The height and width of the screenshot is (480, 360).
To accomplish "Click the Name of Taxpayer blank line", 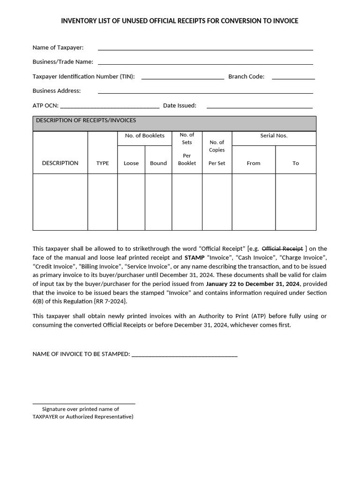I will [205, 49].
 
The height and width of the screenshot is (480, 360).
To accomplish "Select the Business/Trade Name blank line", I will [205, 64].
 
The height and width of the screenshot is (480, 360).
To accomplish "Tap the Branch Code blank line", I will [293, 78].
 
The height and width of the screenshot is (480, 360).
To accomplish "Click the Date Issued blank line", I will [259, 107].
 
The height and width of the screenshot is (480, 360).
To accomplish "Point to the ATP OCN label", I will [45, 105].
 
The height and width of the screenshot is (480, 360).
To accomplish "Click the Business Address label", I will [56, 90].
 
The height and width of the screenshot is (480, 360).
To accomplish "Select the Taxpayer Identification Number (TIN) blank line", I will [182, 78].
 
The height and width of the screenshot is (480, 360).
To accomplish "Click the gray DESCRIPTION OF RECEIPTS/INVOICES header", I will [174, 123].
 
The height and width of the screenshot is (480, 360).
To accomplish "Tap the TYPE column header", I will [102, 163].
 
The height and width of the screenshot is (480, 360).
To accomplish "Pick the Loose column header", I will [131, 163].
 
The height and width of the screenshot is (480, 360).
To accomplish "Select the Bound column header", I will [158, 163].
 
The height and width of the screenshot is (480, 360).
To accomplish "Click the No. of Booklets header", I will [144, 135].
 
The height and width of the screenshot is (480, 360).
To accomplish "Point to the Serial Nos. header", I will [274, 135].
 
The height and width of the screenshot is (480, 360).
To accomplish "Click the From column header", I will [254, 163].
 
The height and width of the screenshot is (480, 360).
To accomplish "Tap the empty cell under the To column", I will [295, 202].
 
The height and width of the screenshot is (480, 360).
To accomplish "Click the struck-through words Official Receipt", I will [282, 248].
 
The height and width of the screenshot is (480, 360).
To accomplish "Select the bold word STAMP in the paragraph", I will [194, 257].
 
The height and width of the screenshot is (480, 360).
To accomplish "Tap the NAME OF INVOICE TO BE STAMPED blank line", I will [184, 356].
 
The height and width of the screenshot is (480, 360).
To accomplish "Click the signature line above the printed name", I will [83, 403].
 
